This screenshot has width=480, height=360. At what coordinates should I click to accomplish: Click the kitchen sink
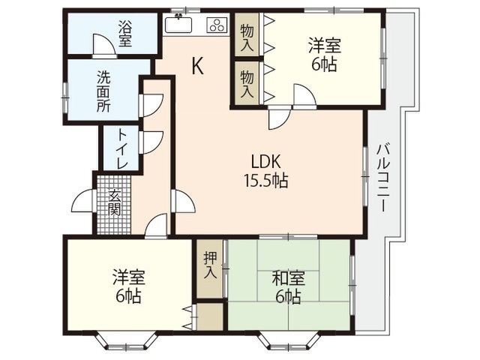(x=178, y=24)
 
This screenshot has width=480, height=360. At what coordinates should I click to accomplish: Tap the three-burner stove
(x=217, y=25)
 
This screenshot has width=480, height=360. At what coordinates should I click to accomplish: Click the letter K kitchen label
(x=197, y=67)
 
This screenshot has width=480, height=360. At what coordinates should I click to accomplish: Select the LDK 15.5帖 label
(x=265, y=171)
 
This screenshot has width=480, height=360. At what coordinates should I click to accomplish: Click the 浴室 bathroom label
(x=125, y=33)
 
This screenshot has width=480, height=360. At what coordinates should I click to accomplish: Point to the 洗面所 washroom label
(x=103, y=91)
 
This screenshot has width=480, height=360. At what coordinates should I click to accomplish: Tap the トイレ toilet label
(x=122, y=148)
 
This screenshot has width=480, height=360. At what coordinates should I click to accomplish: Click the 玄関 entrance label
(x=114, y=202)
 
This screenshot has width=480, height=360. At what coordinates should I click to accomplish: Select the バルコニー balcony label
(x=383, y=178)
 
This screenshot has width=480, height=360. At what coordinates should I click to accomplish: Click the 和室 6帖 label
(x=288, y=286)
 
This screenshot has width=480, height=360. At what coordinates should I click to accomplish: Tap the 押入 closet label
(x=211, y=265)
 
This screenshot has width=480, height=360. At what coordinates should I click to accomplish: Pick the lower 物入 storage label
(x=247, y=84)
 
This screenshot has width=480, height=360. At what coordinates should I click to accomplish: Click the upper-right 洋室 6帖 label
(x=325, y=54)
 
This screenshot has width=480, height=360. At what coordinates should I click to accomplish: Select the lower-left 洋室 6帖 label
(x=128, y=286)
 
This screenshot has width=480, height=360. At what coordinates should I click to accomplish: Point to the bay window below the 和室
(x=289, y=340)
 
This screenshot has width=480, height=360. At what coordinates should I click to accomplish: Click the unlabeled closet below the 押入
(x=210, y=316)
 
